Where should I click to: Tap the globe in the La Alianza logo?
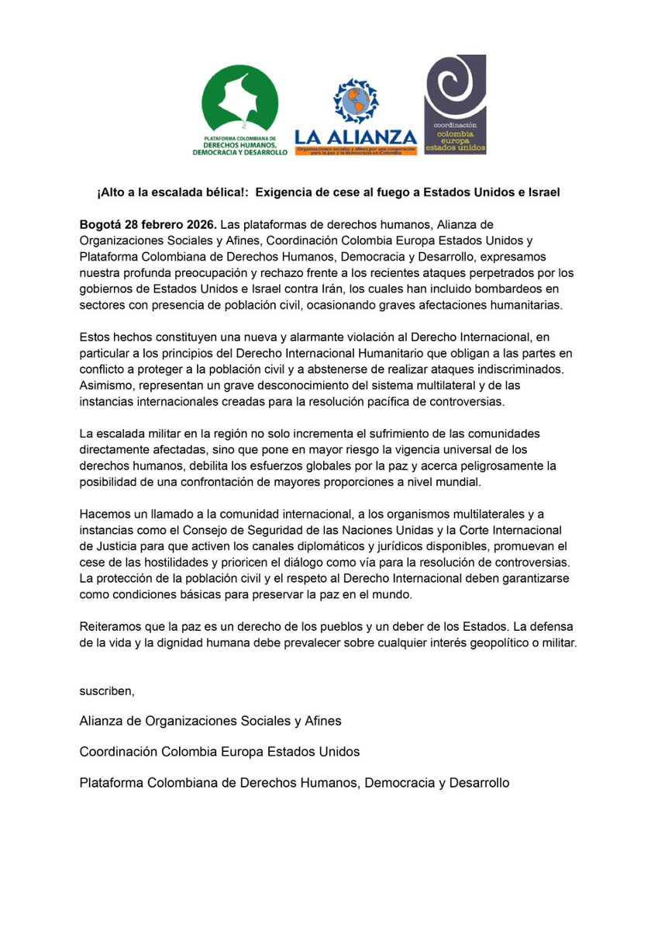(356, 103)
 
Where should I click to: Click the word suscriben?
(105, 690)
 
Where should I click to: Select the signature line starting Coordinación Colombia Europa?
(219, 752)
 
